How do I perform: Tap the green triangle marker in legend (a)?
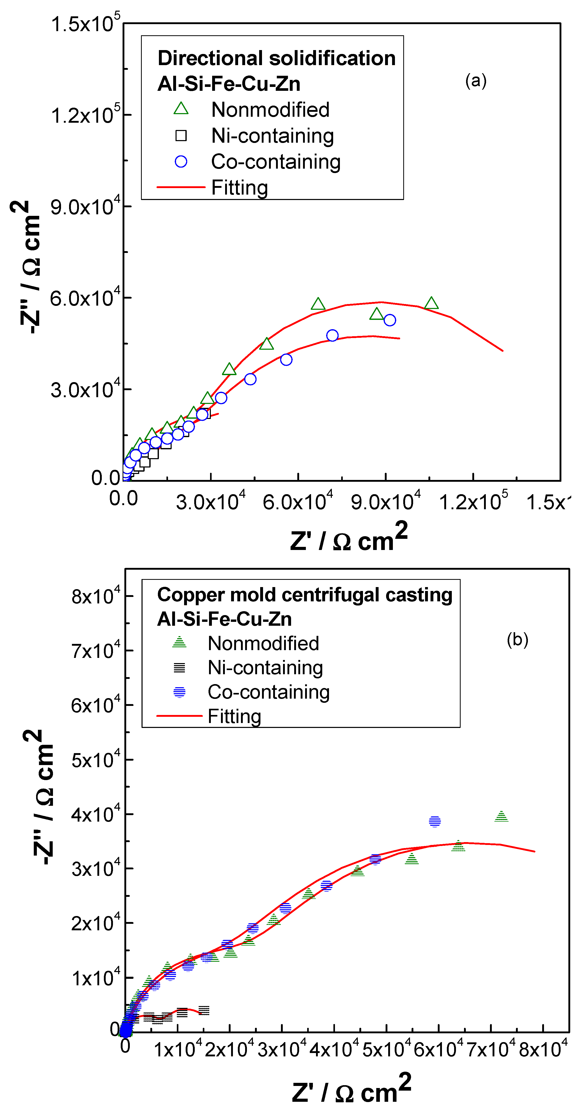click(181, 109)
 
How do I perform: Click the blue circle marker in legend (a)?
click(181, 162)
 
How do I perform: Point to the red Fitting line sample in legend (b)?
click(179, 716)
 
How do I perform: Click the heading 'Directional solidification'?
click(276, 58)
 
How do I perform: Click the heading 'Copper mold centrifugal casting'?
click(305, 595)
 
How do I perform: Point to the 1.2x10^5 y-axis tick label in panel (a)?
click(85, 114)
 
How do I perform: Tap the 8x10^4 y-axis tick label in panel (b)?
click(96, 596)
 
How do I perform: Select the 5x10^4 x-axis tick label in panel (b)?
click(386, 1050)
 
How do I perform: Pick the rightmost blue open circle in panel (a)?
click(389, 320)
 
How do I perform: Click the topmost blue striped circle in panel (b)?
click(435, 822)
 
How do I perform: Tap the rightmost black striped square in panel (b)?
click(204, 1010)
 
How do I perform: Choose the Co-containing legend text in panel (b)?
click(268, 692)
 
